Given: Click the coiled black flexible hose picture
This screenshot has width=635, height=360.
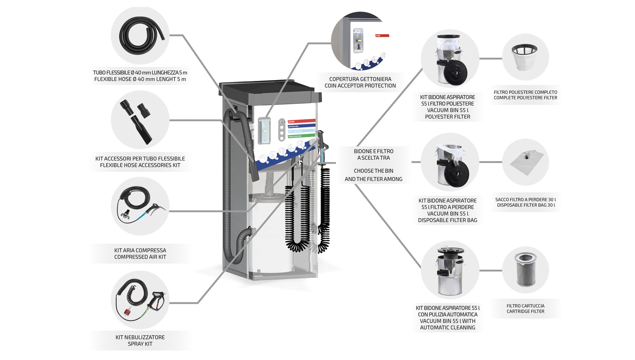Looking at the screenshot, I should click(x=140, y=36).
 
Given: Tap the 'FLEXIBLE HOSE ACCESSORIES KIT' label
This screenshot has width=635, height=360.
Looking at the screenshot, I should click(x=140, y=165).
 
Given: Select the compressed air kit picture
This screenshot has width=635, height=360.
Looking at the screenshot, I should click(x=140, y=206).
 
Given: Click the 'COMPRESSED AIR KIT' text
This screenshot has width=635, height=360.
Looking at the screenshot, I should click(x=140, y=257).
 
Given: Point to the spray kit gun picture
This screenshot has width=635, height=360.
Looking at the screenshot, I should click(x=140, y=300).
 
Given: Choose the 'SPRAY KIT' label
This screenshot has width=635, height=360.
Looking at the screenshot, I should click(x=140, y=344).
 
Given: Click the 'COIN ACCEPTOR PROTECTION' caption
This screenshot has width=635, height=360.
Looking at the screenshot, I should click(x=360, y=86).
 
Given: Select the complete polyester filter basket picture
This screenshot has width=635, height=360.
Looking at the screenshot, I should click(x=525, y=57).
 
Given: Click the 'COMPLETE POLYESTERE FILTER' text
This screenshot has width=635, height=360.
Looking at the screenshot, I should click(x=525, y=98).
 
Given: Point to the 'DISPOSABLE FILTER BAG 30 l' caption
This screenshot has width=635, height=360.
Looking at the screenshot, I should click(x=526, y=205).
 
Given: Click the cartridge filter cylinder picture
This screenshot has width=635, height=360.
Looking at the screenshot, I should click(x=525, y=269).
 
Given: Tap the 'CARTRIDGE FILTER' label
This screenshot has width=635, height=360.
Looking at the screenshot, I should click(x=525, y=311).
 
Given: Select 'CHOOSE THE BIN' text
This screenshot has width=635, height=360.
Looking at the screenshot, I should click(x=373, y=171).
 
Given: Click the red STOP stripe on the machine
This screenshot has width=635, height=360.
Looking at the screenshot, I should click(x=301, y=122).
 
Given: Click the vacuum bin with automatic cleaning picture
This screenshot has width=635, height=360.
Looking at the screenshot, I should click(x=450, y=270).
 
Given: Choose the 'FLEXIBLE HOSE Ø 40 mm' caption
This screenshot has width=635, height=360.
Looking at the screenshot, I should click(x=140, y=79).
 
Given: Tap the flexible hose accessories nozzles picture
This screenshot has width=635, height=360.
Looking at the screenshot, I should click(x=140, y=120).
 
